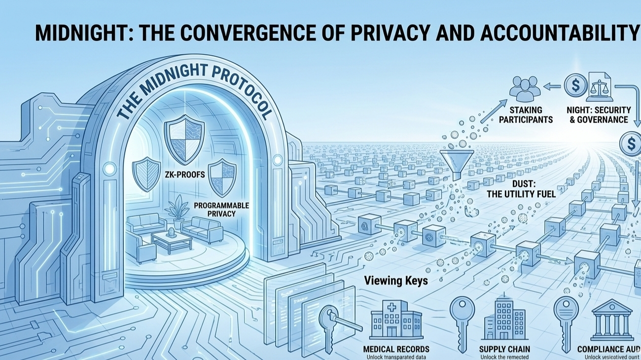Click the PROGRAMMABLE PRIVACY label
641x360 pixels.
click(214, 209)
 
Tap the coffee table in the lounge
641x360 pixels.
click(172, 241)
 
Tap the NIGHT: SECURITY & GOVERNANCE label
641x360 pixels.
click(595, 114)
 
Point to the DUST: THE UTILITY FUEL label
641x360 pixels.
click(521, 189)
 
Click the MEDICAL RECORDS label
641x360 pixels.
click(396, 349)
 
